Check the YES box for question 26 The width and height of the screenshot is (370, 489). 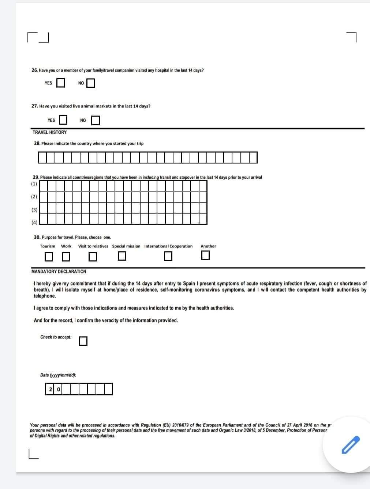pyautogui.click(x=60, y=83)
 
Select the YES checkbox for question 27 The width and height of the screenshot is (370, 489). pyautogui.click(x=63, y=120)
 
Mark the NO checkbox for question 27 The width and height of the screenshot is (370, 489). pyautogui.click(x=95, y=120)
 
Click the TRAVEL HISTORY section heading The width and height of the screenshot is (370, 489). pyautogui.click(x=49, y=132)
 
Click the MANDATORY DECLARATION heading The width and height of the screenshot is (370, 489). pyautogui.click(x=59, y=272)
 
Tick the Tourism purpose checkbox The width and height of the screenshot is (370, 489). pyautogui.click(x=49, y=257)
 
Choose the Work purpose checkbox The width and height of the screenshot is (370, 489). pyautogui.click(x=66, y=257)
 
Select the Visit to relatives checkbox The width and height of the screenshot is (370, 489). pyautogui.click(x=93, y=257)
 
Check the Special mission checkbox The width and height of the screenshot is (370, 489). pyautogui.click(x=122, y=257)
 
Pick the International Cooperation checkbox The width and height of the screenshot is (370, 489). pyautogui.click(x=168, y=257)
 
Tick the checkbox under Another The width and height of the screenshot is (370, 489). pyautogui.click(x=206, y=255)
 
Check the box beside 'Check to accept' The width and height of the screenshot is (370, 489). pyautogui.click(x=83, y=341)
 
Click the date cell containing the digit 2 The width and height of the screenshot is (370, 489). pyautogui.click(x=50, y=389)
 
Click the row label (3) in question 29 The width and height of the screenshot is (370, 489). pyautogui.click(x=34, y=210)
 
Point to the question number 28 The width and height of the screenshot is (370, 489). pyautogui.click(x=37, y=143)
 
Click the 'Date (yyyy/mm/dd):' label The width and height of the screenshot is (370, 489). pyautogui.click(x=58, y=375)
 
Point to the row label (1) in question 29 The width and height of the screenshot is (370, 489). pyautogui.click(x=34, y=184)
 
